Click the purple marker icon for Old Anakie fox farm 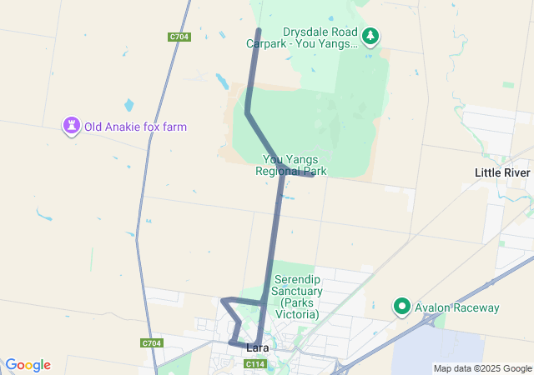[x=72, y=126]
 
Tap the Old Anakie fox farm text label [x=135, y=127]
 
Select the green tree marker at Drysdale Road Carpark [x=371, y=36]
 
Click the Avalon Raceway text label [x=458, y=307]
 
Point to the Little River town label [x=502, y=172]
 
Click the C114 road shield [x=256, y=364]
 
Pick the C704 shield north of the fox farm [x=179, y=37]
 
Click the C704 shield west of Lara [x=152, y=343]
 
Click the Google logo [x=28, y=365]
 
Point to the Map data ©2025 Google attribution [x=482, y=368]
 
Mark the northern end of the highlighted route [x=258, y=31]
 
